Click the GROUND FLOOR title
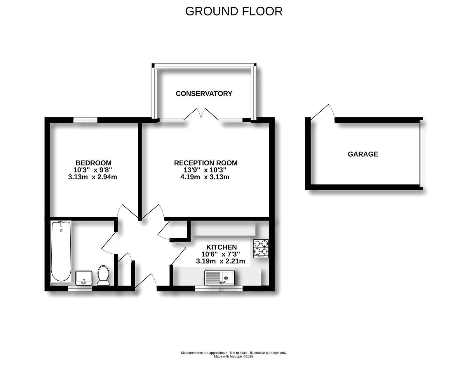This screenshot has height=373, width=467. coord(234,11)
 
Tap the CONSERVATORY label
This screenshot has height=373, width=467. coord(204,94)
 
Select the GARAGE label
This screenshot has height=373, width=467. coord(363,154)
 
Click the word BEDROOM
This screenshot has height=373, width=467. coord(93,163)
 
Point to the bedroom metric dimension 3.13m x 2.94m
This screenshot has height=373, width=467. coord(92,177)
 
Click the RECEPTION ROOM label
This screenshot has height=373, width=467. coord(206,163)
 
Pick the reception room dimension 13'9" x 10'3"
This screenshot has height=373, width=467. coord(204,170)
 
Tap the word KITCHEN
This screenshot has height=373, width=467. coord(222,247)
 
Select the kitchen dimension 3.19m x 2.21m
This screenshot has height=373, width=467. coord(220,261)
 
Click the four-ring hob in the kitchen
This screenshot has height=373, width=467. coord(261,248)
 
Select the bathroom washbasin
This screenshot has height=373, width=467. coord(84,277)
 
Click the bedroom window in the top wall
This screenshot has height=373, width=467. coord(85,119)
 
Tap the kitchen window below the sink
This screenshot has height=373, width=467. coord(219,289)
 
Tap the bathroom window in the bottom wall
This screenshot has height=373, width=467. coord(80,289)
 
